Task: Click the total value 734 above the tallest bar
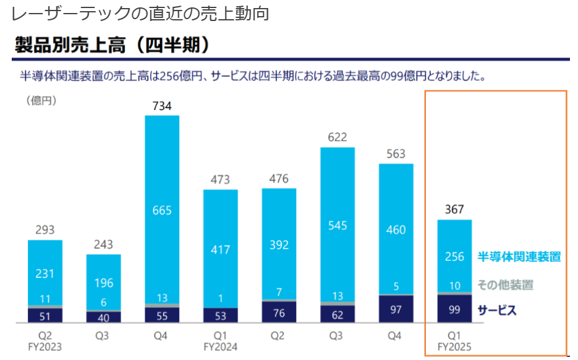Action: (162, 106)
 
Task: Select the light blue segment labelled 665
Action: (162, 210)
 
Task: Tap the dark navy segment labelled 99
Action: (454, 309)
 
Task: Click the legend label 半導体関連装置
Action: (519, 257)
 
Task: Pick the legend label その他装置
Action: (505, 285)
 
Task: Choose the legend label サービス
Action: (497, 311)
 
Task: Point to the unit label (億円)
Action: (41, 101)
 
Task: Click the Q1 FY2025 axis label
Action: (454, 341)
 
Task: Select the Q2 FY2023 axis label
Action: (45, 341)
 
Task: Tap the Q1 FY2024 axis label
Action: (220, 341)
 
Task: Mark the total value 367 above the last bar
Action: (454, 210)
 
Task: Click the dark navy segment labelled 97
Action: (396, 309)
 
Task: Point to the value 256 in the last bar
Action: (454, 257)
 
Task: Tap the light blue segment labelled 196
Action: (103, 283)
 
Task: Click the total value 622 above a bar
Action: (338, 137)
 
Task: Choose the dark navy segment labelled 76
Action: (279, 312)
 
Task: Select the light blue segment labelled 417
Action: (220, 250)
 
